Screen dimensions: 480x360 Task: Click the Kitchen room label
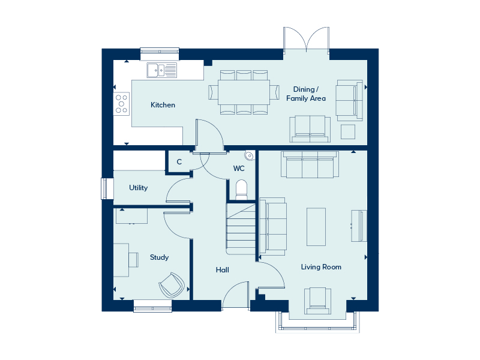(163, 105)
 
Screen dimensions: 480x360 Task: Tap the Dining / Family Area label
(306, 94)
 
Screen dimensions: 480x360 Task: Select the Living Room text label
(321, 267)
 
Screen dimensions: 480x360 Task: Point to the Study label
(159, 257)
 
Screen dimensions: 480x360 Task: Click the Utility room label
(139, 188)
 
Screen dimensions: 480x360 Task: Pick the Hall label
(222, 269)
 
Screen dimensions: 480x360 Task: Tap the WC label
(239, 169)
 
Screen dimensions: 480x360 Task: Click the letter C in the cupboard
(179, 161)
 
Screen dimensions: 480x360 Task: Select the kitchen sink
(161, 70)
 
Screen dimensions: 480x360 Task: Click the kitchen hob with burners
(122, 104)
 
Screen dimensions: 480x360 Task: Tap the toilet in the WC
(241, 190)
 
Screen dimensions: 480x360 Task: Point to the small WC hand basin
(250, 155)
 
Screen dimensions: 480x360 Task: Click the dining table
(244, 92)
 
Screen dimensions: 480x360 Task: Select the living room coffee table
(316, 227)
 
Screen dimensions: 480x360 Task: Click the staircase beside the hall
(241, 229)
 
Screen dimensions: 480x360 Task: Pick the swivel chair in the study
(172, 285)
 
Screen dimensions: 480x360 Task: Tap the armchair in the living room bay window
(317, 301)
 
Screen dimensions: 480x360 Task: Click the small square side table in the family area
(348, 131)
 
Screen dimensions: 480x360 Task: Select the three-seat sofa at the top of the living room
(310, 164)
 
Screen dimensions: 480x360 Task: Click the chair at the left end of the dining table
(214, 92)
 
